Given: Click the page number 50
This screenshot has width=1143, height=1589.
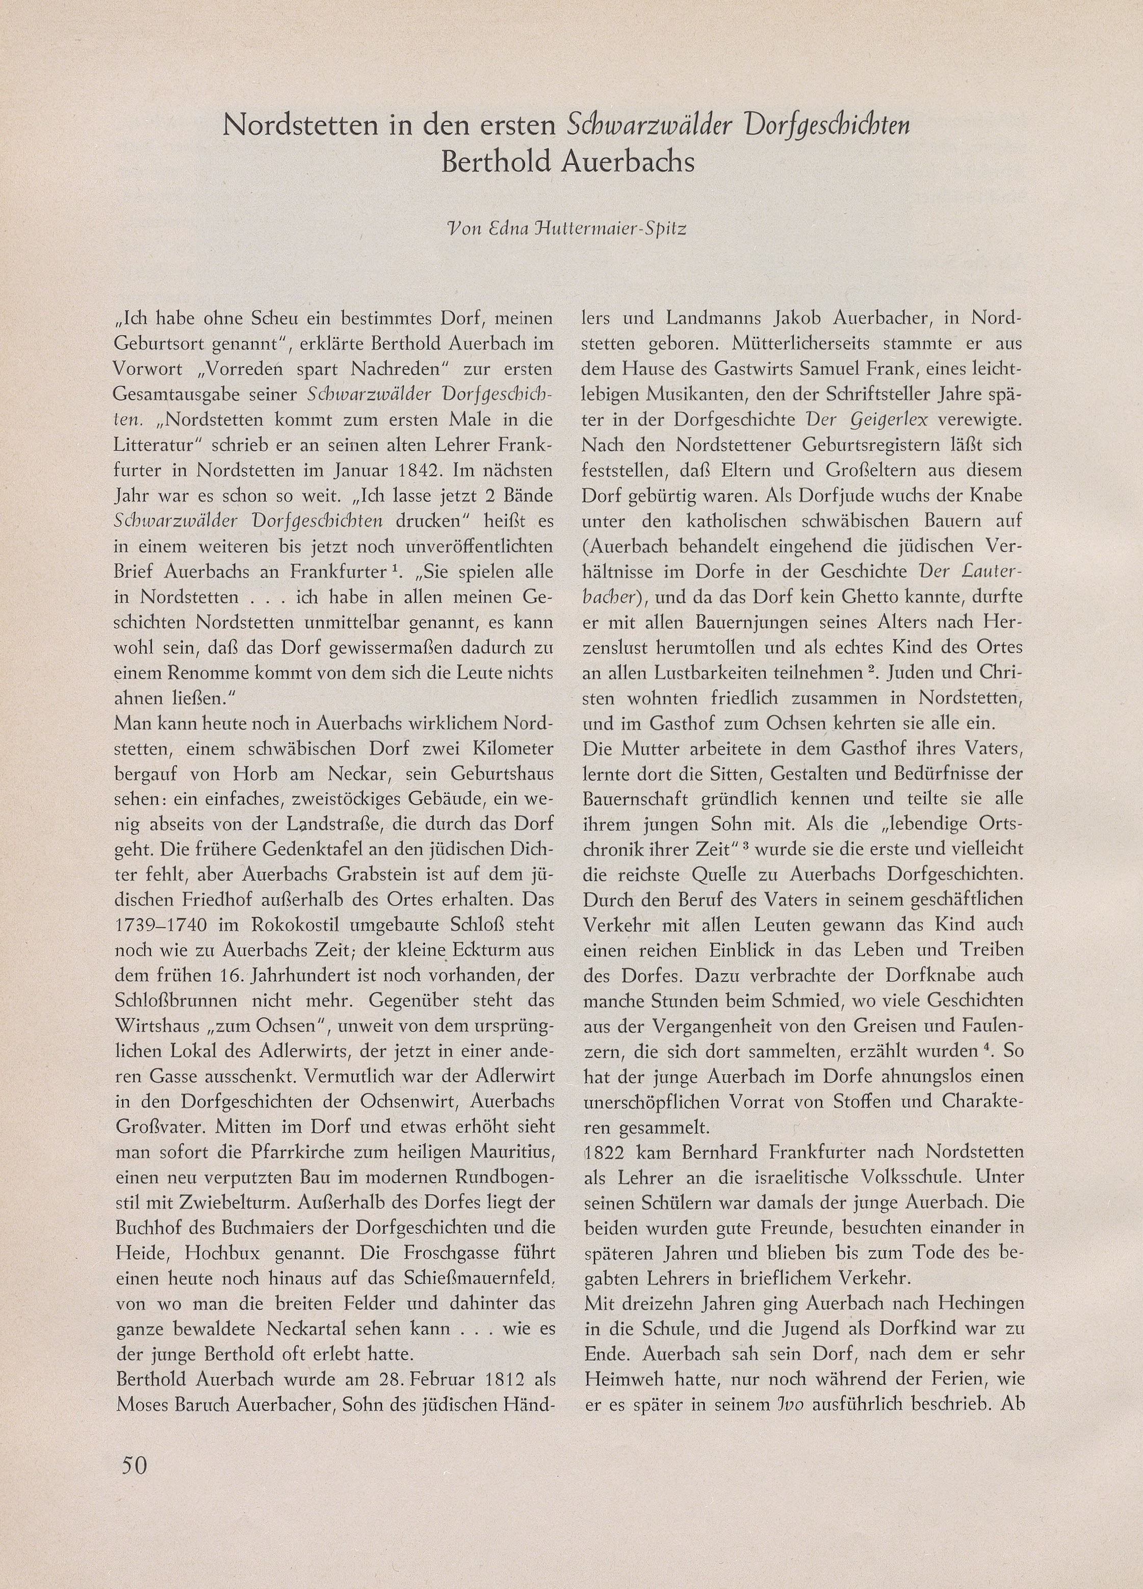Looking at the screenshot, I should click(x=135, y=1464).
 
